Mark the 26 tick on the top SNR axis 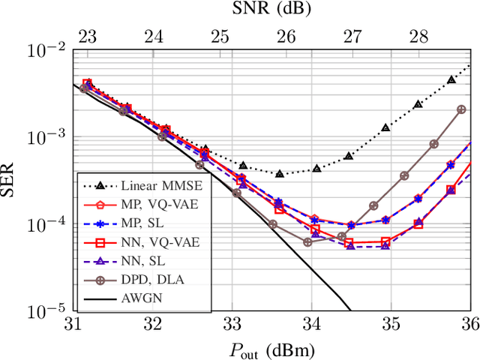(x=286, y=34)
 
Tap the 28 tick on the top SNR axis (x=418, y=34)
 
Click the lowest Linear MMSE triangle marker (x=280, y=173)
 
